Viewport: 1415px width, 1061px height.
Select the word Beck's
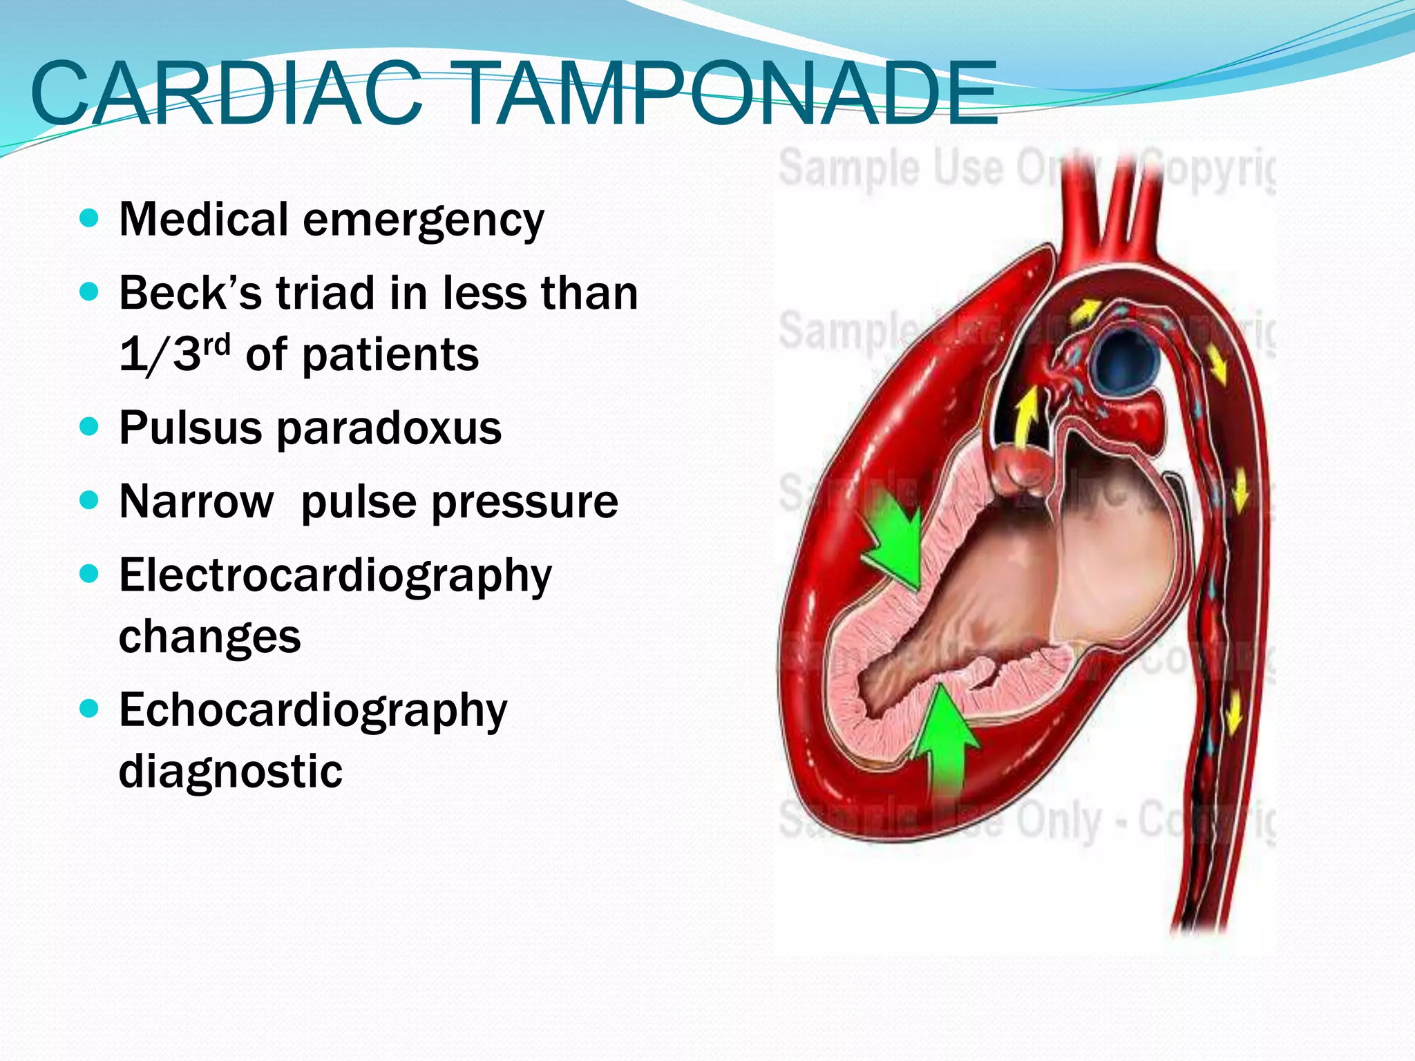190,293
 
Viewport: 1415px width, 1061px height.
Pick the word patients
390,355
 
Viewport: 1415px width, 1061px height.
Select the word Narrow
196,501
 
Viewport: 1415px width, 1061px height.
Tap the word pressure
529,503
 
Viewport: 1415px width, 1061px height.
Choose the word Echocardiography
313,711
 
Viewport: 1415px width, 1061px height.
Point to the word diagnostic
231,771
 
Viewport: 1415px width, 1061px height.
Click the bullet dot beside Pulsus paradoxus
89,426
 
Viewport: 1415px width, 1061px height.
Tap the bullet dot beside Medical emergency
89,219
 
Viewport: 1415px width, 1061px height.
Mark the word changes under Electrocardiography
210,636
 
